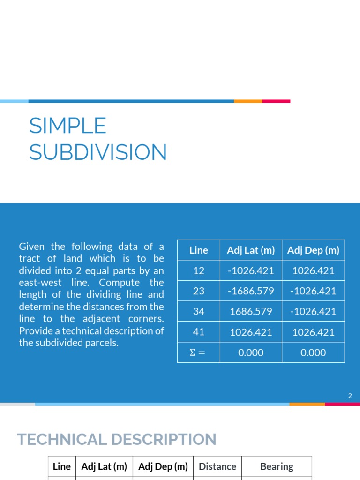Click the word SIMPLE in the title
(x=67, y=126)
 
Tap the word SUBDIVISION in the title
(x=98, y=152)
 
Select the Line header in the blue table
(x=199, y=250)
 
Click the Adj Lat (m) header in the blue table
(x=251, y=250)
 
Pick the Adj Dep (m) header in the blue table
(x=313, y=250)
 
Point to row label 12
(x=199, y=270)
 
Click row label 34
(x=199, y=312)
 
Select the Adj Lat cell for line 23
(x=251, y=291)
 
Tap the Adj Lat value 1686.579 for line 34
(x=251, y=312)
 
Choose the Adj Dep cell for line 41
(x=313, y=332)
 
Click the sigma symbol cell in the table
(x=199, y=353)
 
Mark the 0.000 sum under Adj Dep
(x=313, y=353)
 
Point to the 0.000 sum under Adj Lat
(x=251, y=353)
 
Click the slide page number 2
(x=350, y=396)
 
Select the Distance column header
(x=217, y=466)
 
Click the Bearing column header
(x=277, y=466)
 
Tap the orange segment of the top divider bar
(x=248, y=101)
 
